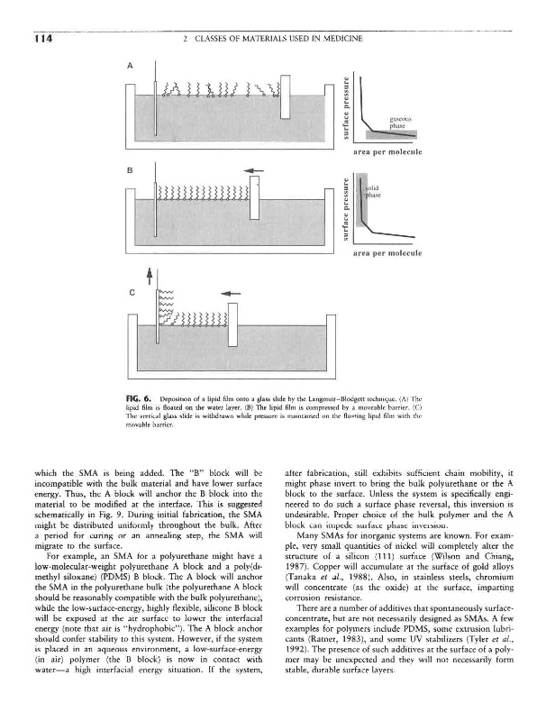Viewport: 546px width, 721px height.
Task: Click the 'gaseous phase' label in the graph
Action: pos(401,122)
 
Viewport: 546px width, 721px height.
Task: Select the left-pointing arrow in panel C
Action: pos(231,291)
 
